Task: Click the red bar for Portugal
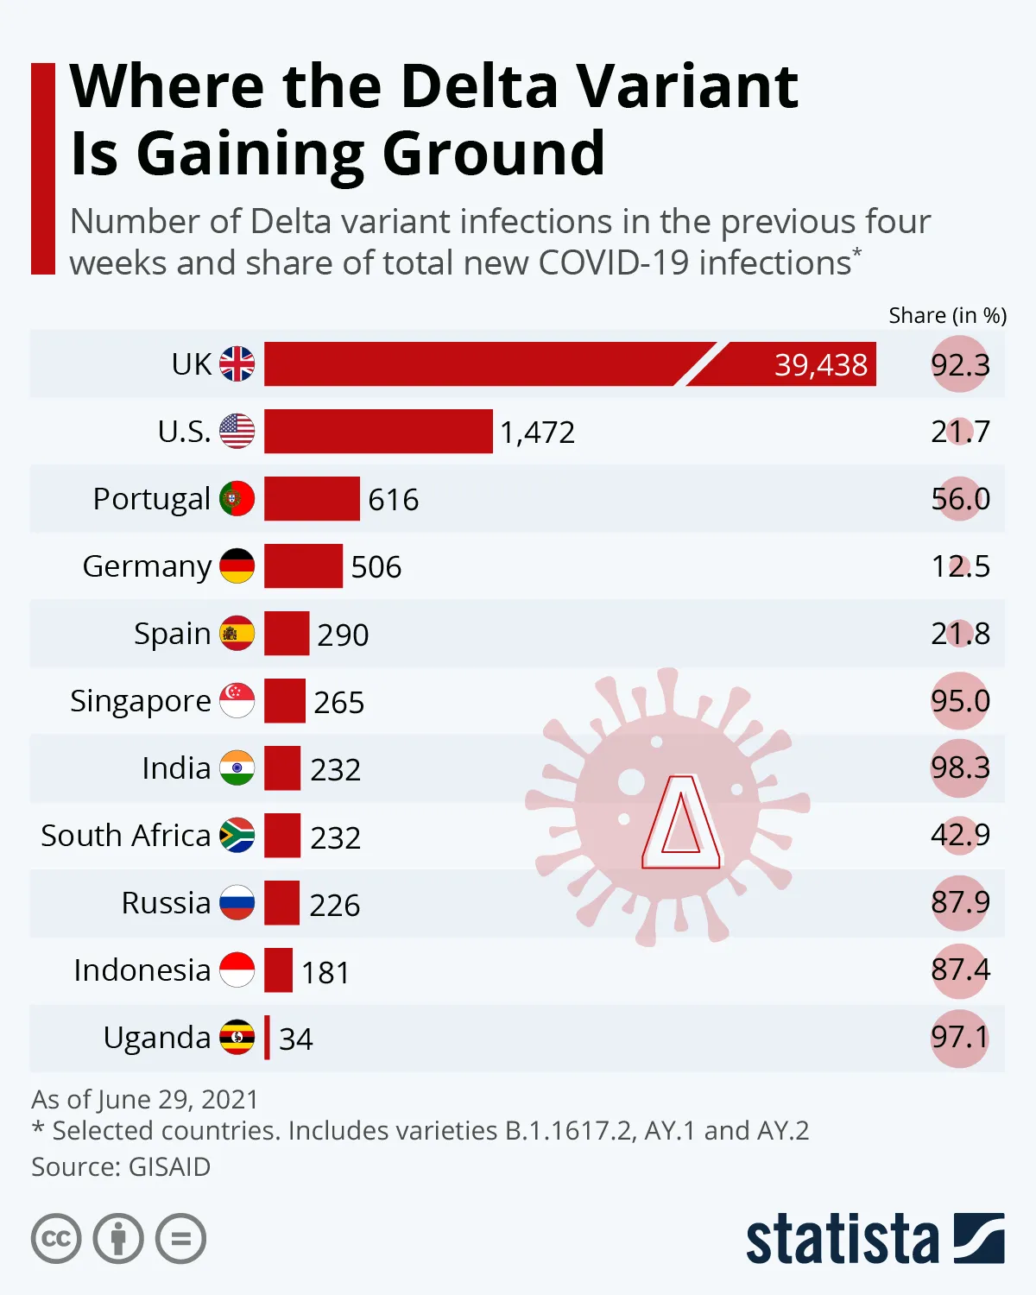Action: coord(312,498)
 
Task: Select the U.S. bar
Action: coord(378,431)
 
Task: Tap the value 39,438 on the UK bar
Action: coord(820,364)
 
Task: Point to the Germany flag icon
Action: coord(237,565)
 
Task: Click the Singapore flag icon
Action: coord(237,700)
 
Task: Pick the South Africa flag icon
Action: coord(237,835)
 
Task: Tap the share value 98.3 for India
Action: coord(960,768)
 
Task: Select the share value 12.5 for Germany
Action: coord(960,565)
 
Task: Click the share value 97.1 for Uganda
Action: coord(960,1037)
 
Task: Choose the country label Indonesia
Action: coord(142,970)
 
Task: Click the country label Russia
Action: coord(166,902)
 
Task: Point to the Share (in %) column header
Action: coord(947,315)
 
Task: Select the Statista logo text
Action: coord(842,1240)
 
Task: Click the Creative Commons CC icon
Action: coord(56,1239)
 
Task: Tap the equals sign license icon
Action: coord(180,1239)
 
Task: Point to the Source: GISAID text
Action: coord(121,1166)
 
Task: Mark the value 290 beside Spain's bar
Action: coord(343,635)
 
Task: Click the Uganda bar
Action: coord(267,1037)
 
